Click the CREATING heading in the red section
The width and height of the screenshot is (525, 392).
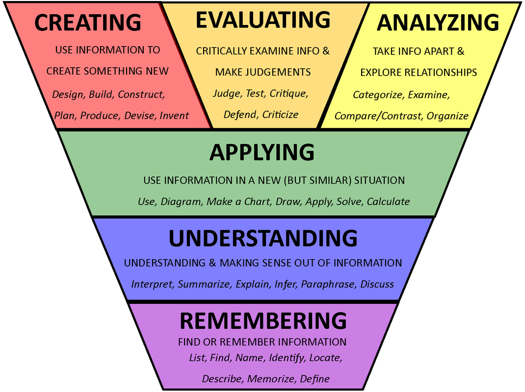pos(88,23)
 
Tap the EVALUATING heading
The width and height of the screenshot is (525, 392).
pos(263,20)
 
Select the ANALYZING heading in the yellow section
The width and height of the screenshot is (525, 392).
pos(438,23)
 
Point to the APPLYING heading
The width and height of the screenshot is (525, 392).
pos(262,152)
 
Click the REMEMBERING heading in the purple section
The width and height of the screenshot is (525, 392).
pos(263,321)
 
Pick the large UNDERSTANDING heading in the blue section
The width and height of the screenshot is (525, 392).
pos(263,238)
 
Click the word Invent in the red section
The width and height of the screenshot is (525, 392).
pos(174,116)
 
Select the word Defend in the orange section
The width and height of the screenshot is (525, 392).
pos(240,115)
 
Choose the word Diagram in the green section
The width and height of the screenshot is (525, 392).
pos(181,201)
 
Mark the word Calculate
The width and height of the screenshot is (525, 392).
pos(388,201)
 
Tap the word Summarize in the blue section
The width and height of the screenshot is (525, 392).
pos(204,284)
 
